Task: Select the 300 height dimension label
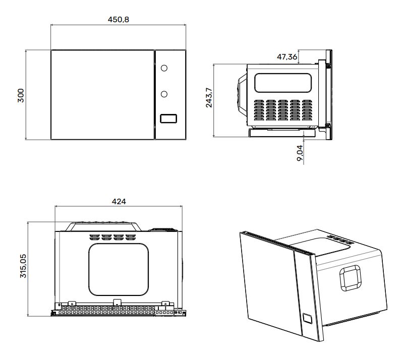tap(21, 95)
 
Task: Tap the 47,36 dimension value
tap(287, 56)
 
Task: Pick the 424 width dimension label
tap(119, 201)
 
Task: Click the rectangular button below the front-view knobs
tap(168, 119)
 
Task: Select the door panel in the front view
tap(102, 94)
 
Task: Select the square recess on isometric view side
tap(351, 277)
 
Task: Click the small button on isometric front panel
tap(307, 319)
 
